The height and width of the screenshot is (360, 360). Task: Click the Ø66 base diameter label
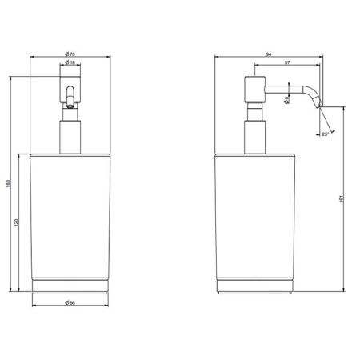(x=71, y=304)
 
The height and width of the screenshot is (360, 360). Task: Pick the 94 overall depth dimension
(x=269, y=54)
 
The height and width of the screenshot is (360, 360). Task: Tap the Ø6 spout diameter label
(x=286, y=100)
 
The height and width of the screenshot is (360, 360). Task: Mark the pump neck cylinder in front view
(x=71, y=132)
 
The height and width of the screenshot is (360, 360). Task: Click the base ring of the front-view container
(x=71, y=285)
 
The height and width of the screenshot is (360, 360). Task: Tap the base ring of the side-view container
(x=255, y=285)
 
